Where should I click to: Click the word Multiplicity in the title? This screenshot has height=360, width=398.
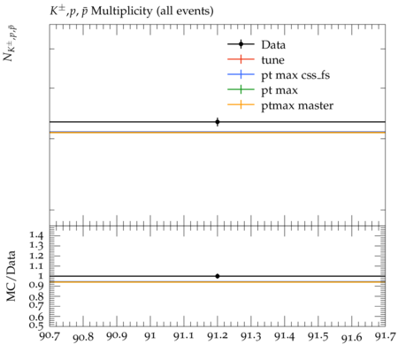[122, 11]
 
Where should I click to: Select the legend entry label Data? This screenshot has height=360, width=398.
[273, 45]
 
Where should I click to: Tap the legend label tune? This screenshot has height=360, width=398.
[272, 60]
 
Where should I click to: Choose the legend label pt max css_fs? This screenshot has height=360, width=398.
[295, 75]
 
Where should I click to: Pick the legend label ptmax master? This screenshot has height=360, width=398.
[297, 105]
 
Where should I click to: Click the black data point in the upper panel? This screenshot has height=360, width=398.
[218, 122]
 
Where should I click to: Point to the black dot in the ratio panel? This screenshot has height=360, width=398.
[218, 276]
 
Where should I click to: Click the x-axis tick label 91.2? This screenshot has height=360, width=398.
[218, 336]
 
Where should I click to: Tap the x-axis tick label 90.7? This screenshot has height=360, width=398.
[50, 336]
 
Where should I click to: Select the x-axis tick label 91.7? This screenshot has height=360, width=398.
[385, 336]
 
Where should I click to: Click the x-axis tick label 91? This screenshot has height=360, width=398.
[150, 336]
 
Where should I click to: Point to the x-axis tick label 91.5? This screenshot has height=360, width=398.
[318, 336]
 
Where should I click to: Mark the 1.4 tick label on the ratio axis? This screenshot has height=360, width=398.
[35, 235]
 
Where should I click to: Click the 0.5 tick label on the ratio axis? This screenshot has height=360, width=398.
[35, 325]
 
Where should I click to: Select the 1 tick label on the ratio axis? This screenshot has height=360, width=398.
[40, 276]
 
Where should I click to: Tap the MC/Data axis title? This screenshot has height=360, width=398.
[11, 276]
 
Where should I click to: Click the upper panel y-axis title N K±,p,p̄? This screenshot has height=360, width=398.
[10, 44]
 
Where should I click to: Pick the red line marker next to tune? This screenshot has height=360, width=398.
[241, 59]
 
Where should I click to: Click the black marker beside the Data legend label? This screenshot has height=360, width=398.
[241, 44]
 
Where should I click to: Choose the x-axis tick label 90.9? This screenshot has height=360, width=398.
[117, 336]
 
